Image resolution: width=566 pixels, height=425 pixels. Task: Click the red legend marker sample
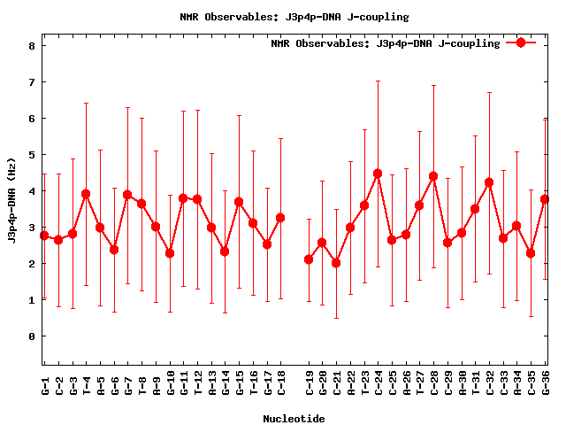(521, 42)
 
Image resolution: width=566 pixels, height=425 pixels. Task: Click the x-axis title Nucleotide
(294, 418)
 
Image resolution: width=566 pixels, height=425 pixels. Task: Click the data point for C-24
(378, 174)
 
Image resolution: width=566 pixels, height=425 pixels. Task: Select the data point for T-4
(86, 194)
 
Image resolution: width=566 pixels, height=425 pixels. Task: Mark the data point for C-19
(309, 259)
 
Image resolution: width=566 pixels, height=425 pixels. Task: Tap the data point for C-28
(433, 176)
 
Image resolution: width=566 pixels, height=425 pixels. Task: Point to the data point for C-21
(336, 263)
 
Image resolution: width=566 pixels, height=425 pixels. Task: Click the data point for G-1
(44, 236)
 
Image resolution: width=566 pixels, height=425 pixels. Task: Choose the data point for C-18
(280, 218)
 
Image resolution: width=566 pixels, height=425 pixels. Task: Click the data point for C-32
(489, 182)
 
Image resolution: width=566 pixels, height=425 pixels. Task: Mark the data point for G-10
(170, 253)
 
